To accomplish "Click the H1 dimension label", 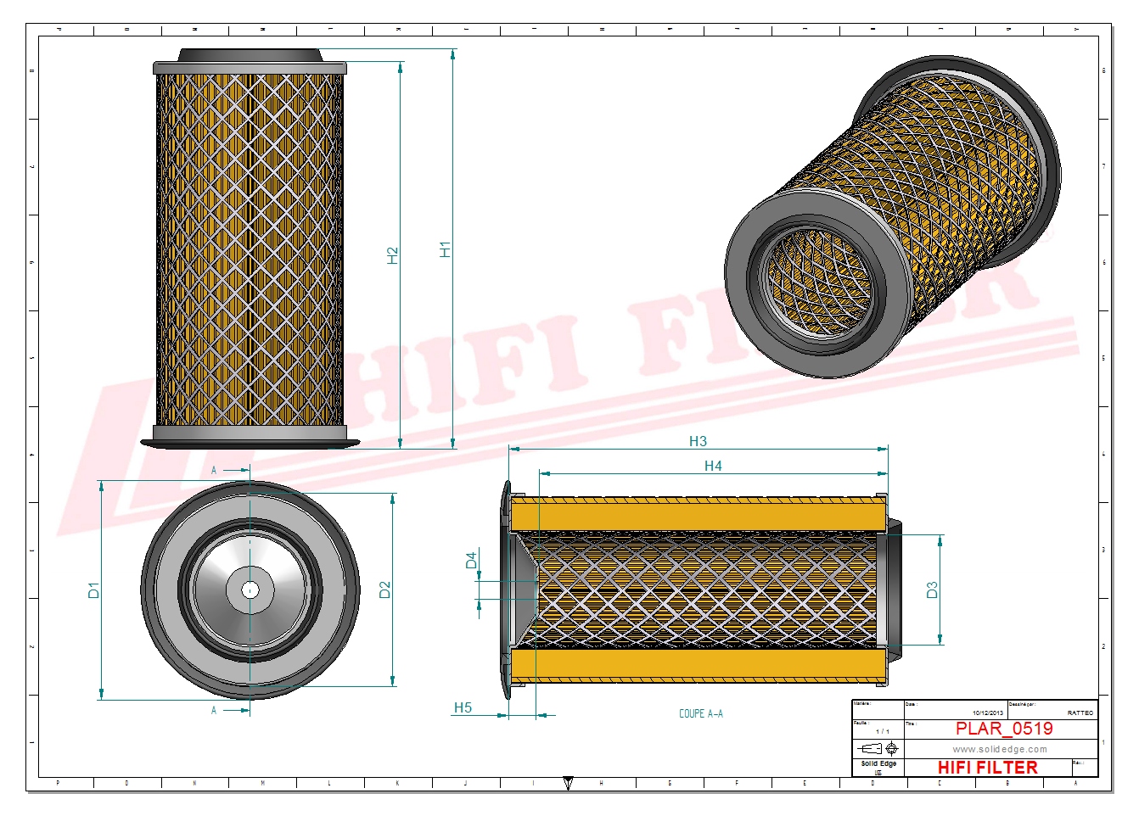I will point(444,249).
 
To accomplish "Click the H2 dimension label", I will point(392,255).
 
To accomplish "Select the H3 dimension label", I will point(698,441).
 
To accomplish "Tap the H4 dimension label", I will point(713,466).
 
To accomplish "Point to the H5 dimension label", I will point(463,707).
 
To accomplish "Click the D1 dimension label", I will point(93,590).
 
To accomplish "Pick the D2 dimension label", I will point(384,590).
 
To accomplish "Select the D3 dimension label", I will point(932,590).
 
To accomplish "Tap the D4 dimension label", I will point(471,561).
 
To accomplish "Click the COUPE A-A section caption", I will point(701,713).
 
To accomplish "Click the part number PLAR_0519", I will point(1004,729).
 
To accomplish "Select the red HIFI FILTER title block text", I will point(987,767).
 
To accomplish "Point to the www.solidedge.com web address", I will point(1000,749).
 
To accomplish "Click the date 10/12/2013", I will point(987,713).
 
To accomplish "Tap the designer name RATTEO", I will point(1080,713).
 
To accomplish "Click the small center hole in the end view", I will point(250,590).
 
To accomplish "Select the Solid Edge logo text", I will point(878,764).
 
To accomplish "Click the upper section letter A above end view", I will point(214,470).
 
